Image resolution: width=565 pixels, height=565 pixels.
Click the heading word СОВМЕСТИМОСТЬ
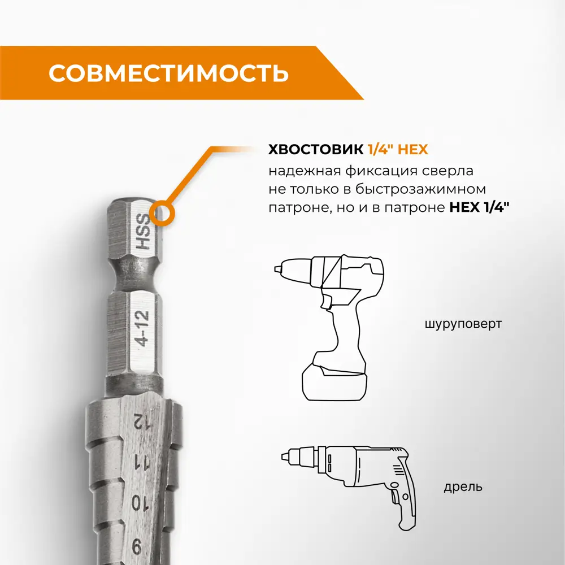pos(168,73)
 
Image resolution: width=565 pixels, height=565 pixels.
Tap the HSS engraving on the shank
pos(142,232)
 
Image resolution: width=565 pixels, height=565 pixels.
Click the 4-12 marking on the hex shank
pos(141,328)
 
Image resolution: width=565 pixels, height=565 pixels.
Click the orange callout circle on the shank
pos(162,214)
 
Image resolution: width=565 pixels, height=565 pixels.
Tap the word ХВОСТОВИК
pos(316,149)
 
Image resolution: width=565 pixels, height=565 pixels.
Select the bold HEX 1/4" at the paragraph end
pos(479,207)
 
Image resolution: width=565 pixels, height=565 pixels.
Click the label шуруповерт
pos(463,324)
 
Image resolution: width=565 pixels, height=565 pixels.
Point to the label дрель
pos(463,487)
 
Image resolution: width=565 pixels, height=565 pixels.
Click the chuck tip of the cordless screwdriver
pos(278,269)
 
